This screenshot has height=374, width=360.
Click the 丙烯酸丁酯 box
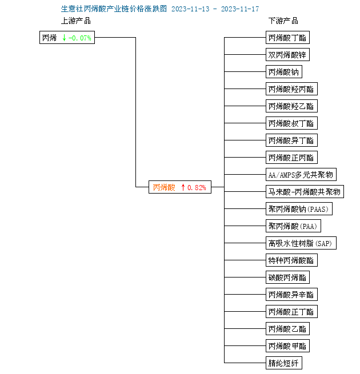(287, 38)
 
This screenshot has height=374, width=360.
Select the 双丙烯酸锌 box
(287, 55)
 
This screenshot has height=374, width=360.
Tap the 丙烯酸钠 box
(284, 72)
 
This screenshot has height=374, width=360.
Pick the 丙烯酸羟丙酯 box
(291, 89)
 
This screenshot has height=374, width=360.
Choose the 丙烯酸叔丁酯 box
(291, 123)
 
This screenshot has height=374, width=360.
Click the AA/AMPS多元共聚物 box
(301, 175)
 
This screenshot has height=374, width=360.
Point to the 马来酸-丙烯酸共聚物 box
(305, 191)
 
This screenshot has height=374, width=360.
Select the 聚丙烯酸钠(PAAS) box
(299, 209)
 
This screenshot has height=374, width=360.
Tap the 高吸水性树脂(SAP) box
(301, 243)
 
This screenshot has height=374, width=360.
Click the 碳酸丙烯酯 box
(287, 277)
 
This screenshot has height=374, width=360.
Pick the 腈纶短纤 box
(284, 363)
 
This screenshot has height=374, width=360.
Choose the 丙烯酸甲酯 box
(287, 346)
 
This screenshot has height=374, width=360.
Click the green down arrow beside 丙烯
(64, 38)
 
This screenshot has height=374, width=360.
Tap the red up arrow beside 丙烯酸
(183, 187)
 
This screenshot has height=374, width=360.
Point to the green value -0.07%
(80, 38)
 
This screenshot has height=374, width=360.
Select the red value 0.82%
(197, 187)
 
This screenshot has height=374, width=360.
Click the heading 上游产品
(76, 21)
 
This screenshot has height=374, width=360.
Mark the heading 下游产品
(283, 21)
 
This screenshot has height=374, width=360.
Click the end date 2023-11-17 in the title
(240, 9)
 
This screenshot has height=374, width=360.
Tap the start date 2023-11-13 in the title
(190, 9)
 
